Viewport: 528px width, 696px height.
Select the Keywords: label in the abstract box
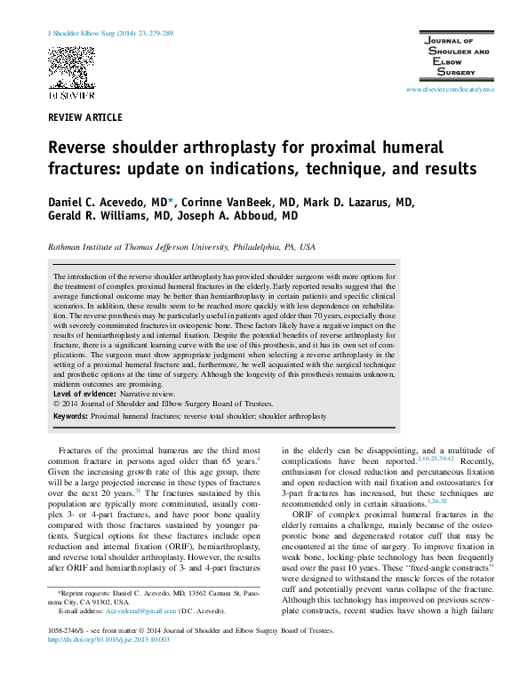tap(70, 416)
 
